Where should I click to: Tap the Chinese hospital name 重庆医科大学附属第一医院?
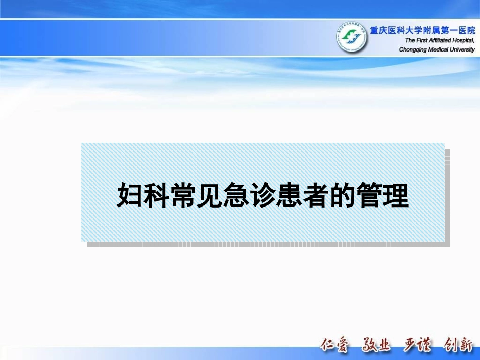422,31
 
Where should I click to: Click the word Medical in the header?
439,49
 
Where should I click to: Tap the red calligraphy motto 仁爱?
335,345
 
